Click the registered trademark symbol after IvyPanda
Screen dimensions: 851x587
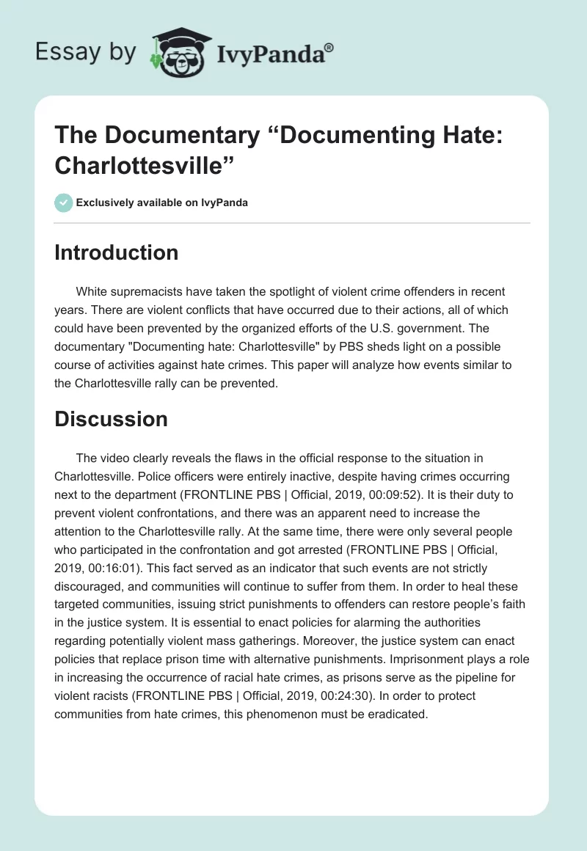point(329,48)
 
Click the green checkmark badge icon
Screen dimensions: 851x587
point(63,202)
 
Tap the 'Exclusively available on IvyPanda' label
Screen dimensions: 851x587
point(162,202)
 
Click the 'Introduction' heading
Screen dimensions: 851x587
point(116,252)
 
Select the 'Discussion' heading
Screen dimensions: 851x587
point(111,419)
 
